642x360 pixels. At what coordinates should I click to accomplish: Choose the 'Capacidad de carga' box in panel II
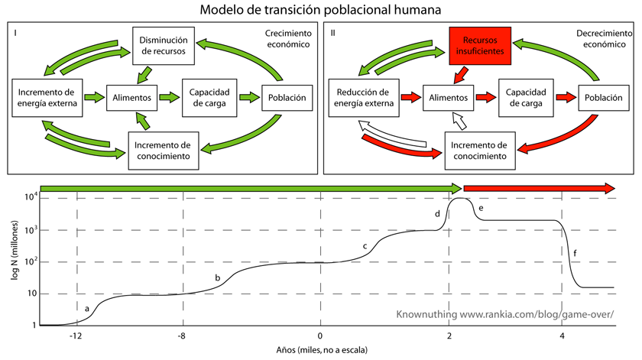[526, 98]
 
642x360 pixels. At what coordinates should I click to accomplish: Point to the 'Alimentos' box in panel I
[131, 98]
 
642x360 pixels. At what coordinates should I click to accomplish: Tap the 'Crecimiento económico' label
[287, 39]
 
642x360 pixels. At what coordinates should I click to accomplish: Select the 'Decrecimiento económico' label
[598, 39]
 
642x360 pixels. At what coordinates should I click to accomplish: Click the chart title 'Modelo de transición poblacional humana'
[320, 11]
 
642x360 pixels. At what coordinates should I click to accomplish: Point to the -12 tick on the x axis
[75, 336]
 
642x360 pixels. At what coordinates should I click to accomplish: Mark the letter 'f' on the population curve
[574, 252]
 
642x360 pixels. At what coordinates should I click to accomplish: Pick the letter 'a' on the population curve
[87, 308]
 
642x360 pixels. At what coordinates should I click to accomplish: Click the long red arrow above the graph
[539, 189]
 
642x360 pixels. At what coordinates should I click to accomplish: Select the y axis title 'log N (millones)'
[14, 260]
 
